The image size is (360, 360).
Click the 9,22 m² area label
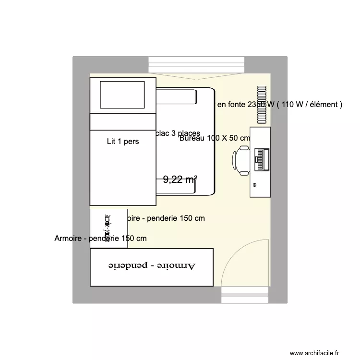180,180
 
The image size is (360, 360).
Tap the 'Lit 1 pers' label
123,142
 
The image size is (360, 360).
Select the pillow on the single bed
122,95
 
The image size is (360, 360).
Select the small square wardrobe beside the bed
109,228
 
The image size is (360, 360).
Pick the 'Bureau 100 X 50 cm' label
215,138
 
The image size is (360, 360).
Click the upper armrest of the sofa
177,97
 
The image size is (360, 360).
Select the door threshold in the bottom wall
245,295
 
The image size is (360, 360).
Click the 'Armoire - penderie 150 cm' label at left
101,238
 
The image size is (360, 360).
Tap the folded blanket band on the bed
123,122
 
